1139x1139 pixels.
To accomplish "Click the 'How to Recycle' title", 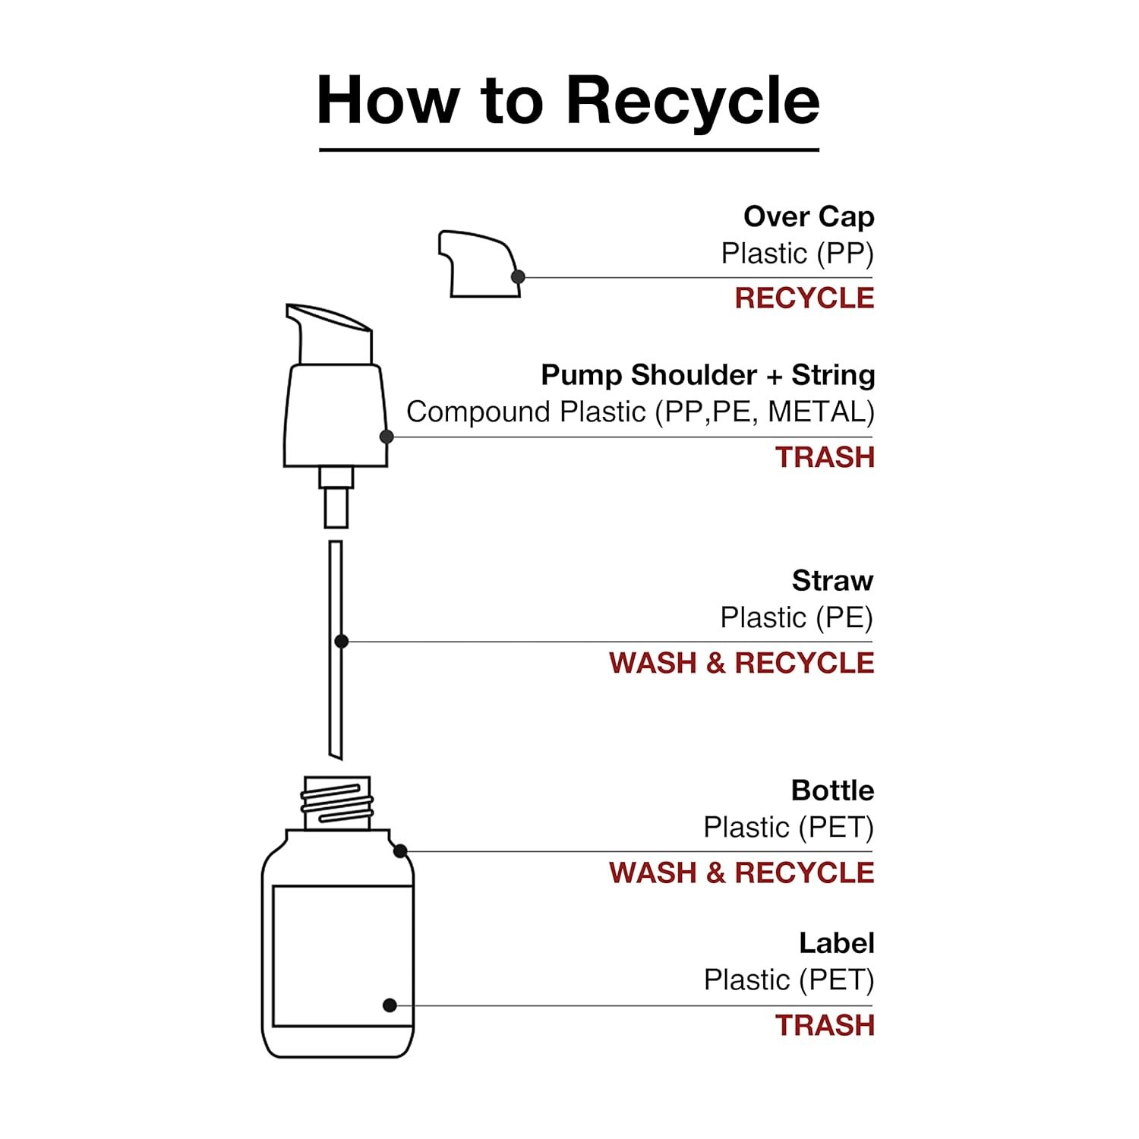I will click(568, 100).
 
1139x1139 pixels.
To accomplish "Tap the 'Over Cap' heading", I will click(808, 217).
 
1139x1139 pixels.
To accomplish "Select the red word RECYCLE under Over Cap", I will click(804, 298).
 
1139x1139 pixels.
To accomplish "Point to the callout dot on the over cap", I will click(518, 277).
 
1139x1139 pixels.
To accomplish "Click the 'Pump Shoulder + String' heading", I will click(707, 375).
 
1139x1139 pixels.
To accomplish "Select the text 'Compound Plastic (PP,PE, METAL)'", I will click(640, 412).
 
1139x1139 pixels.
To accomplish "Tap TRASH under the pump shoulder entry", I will click(825, 457).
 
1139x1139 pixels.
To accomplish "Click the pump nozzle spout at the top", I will click(328, 323).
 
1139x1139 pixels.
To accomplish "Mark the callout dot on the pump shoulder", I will click(387, 437).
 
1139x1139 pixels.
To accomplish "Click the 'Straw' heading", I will click(832, 581).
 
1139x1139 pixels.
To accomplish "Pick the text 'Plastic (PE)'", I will click(797, 617).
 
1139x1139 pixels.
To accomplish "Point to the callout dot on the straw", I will click(342, 642).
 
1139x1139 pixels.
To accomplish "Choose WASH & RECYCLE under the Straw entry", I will click(741, 663).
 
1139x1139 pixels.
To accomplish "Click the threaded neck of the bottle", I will click(337, 803).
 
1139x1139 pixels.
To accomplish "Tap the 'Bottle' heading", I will click(832, 790).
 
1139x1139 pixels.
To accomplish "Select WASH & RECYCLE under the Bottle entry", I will click(741, 872).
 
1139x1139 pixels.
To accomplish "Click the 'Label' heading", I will click(836, 943).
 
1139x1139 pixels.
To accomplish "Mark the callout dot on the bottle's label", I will click(390, 1005).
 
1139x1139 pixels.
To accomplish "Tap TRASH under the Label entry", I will click(825, 1025).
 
